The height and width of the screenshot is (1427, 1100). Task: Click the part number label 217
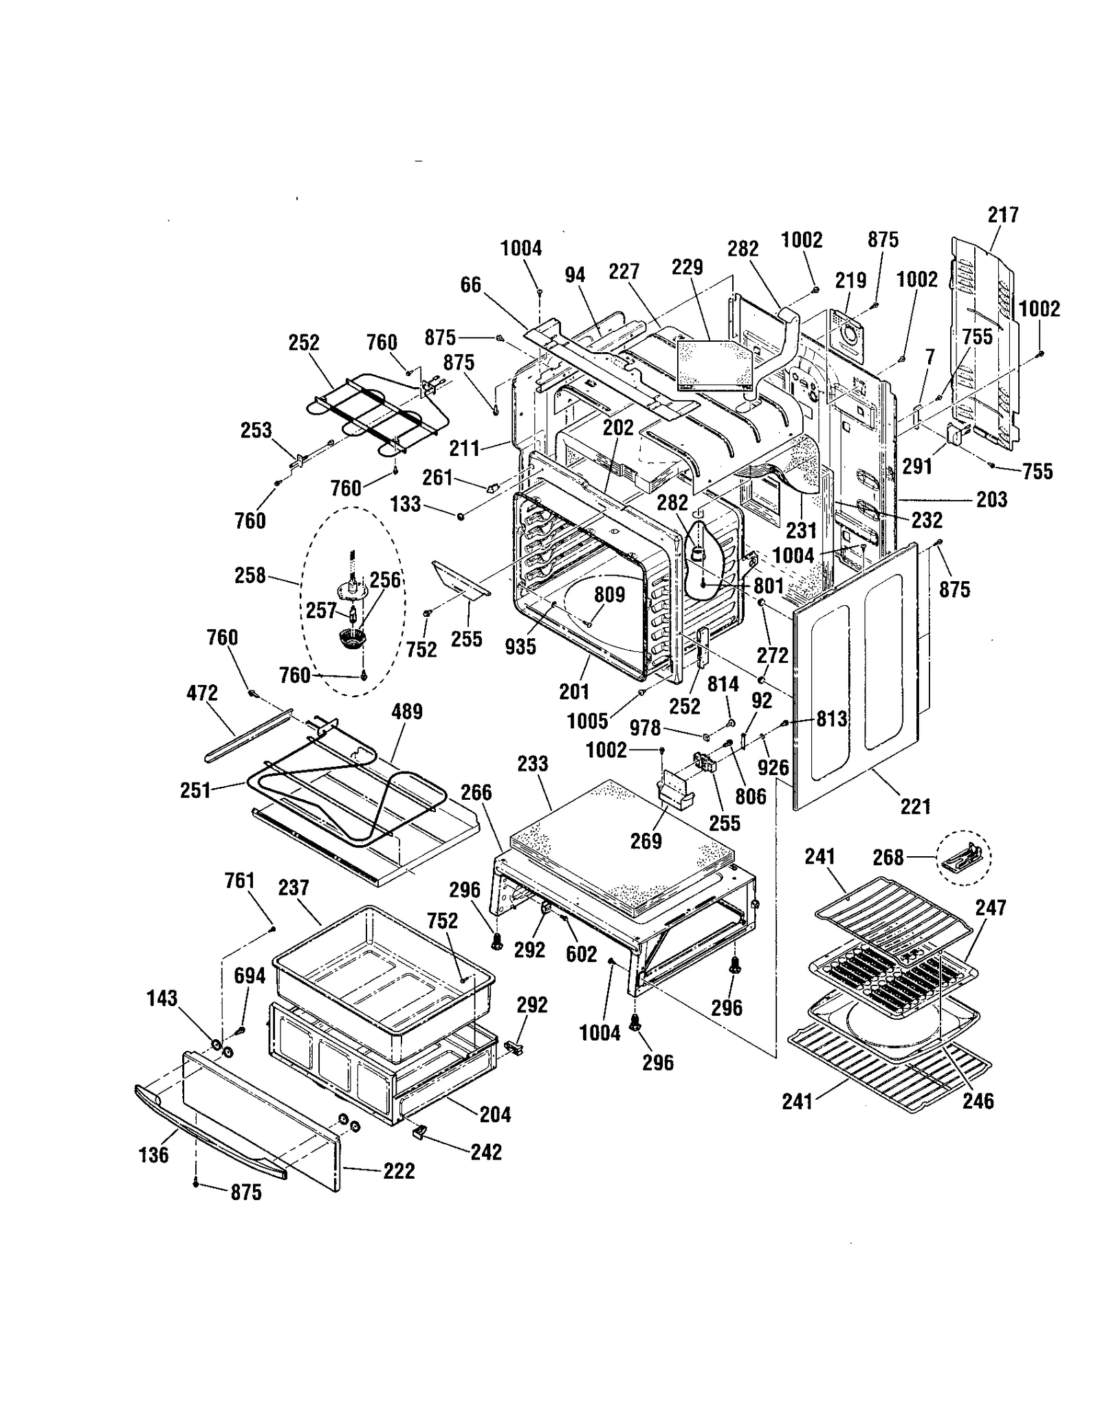[x=1002, y=215]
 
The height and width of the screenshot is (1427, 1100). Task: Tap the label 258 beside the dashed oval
[x=250, y=575]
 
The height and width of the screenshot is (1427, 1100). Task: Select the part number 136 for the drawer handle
[x=153, y=1155]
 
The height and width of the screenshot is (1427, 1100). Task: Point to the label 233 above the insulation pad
[x=533, y=763]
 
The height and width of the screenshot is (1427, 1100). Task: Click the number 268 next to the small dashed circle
[x=888, y=857]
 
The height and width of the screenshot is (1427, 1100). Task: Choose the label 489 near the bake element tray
[x=406, y=711]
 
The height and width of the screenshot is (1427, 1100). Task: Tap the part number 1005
[x=587, y=721]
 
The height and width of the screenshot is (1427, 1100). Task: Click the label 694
[x=250, y=975]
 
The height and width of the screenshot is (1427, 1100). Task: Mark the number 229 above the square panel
[x=687, y=267]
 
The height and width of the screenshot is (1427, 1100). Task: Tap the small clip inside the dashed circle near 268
[x=964, y=857]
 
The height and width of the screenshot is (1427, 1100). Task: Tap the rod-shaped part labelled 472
[x=247, y=736]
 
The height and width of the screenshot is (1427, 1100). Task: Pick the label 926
[x=773, y=767]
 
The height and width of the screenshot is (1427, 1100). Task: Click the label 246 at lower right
[x=977, y=1100]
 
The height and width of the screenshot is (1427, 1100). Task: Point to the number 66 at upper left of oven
[x=470, y=285]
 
